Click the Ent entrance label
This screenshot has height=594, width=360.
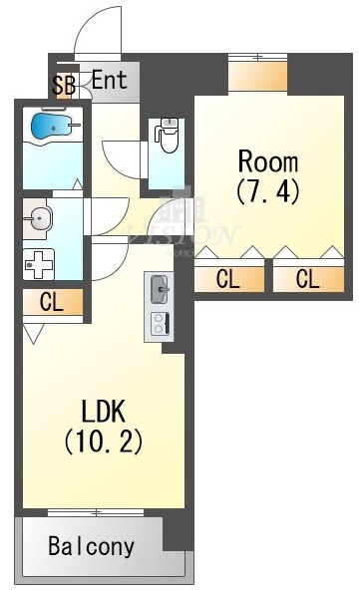click(110, 79)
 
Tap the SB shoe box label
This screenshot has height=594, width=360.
click(64, 85)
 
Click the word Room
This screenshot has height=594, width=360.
click(267, 159)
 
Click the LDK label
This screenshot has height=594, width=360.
click(102, 410)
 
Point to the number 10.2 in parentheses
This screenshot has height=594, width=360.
click(103, 439)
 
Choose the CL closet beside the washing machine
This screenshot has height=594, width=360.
click(52, 301)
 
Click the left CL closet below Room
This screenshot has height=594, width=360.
click(228, 279)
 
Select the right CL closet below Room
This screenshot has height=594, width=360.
click(308, 279)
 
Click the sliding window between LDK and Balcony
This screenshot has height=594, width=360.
click(96, 513)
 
